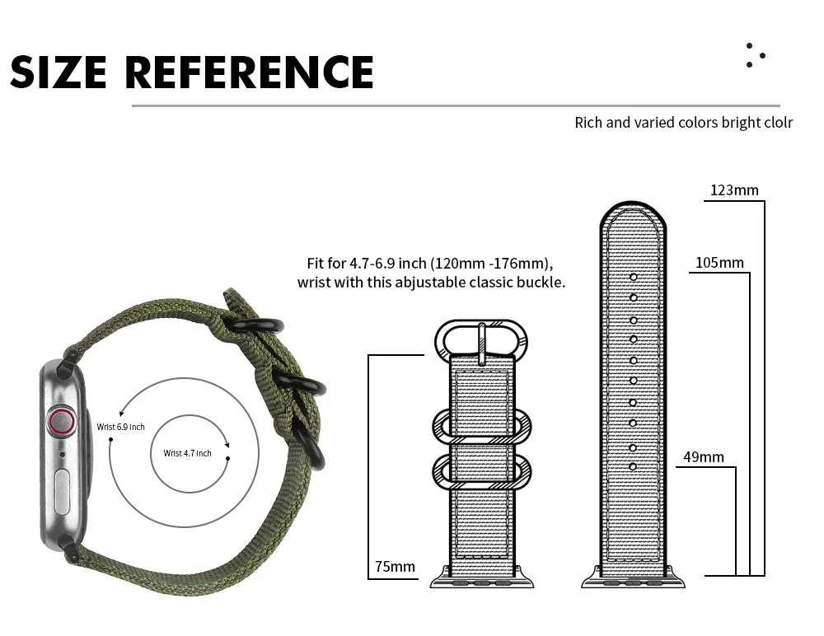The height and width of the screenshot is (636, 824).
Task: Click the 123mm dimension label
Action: point(734,190)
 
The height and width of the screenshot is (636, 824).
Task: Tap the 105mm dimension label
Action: point(719,263)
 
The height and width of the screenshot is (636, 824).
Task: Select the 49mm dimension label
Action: point(705,456)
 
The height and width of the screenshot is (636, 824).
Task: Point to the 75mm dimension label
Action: point(395,566)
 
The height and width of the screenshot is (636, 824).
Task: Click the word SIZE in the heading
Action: point(60,72)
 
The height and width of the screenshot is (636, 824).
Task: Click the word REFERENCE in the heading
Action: point(249,72)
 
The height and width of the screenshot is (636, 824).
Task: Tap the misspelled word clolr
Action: point(776,123)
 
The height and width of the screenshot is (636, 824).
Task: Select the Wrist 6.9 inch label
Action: point(120,427)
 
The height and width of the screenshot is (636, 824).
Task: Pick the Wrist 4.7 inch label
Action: point(187,453)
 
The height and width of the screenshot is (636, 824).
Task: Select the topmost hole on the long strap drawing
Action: point(634,277)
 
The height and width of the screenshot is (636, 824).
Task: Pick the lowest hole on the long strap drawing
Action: point(633,467)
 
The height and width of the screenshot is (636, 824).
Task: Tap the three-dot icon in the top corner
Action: point(754,55)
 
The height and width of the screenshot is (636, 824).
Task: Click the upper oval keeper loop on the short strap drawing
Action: point(483,425)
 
